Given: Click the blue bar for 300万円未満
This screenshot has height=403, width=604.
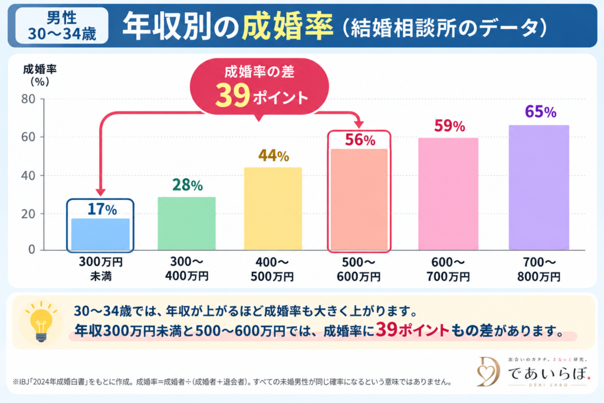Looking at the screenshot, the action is click(x=100, y=234).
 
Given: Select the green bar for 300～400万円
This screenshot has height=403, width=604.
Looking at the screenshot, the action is click(x=186, y=224).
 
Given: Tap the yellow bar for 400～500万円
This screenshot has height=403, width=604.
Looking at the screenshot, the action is click(x=273, y=209).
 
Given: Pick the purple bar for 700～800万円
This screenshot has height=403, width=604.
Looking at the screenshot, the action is click(x=539, y=188).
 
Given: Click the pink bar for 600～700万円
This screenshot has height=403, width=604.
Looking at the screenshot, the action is click(x=448, y=194).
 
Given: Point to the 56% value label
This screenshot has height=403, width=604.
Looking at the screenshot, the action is click(x=360, y=140).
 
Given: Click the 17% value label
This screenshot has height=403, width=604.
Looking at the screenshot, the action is click(x=102, y=209).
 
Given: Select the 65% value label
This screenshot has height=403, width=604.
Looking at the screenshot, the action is click(x=540, y=112).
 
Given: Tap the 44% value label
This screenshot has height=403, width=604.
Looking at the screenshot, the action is click(x=274, y=156).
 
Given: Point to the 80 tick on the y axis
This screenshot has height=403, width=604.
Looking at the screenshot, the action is click(x=28, y=99).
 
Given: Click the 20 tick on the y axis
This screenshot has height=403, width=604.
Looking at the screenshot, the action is click(x=28, y=214).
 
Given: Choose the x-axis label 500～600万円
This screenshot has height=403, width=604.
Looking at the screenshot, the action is click(x=359, y=269).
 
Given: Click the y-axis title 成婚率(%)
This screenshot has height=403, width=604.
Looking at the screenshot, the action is click(x=40, y=75).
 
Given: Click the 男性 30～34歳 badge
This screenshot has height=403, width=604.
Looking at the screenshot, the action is click(x=61, y=26).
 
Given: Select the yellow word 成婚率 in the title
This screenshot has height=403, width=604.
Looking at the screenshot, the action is click(x=288, y=26).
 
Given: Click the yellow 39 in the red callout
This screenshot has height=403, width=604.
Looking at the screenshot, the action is click(x=232, y=96).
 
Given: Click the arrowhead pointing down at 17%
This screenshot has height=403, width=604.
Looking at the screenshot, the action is click(x=100, y=192).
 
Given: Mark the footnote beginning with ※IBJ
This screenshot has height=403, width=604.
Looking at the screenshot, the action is click(x=232, y=382).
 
